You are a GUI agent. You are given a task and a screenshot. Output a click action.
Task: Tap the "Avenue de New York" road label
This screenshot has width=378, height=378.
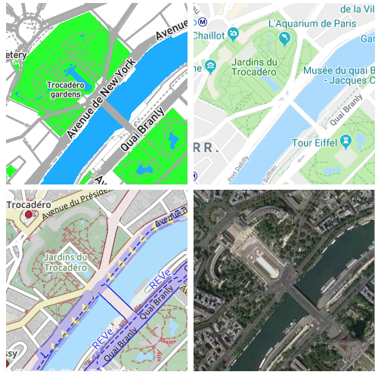tap(101, 97)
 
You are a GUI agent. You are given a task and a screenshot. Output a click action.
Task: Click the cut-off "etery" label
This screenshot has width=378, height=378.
tap(16, 54)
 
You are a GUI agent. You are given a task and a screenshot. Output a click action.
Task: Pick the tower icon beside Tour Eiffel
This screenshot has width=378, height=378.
tap(345, 141)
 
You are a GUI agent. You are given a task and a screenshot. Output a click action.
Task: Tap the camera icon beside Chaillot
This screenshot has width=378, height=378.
tap(234, 34)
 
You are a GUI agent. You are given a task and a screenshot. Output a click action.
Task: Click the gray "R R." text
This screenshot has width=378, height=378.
tap(206, 147)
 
